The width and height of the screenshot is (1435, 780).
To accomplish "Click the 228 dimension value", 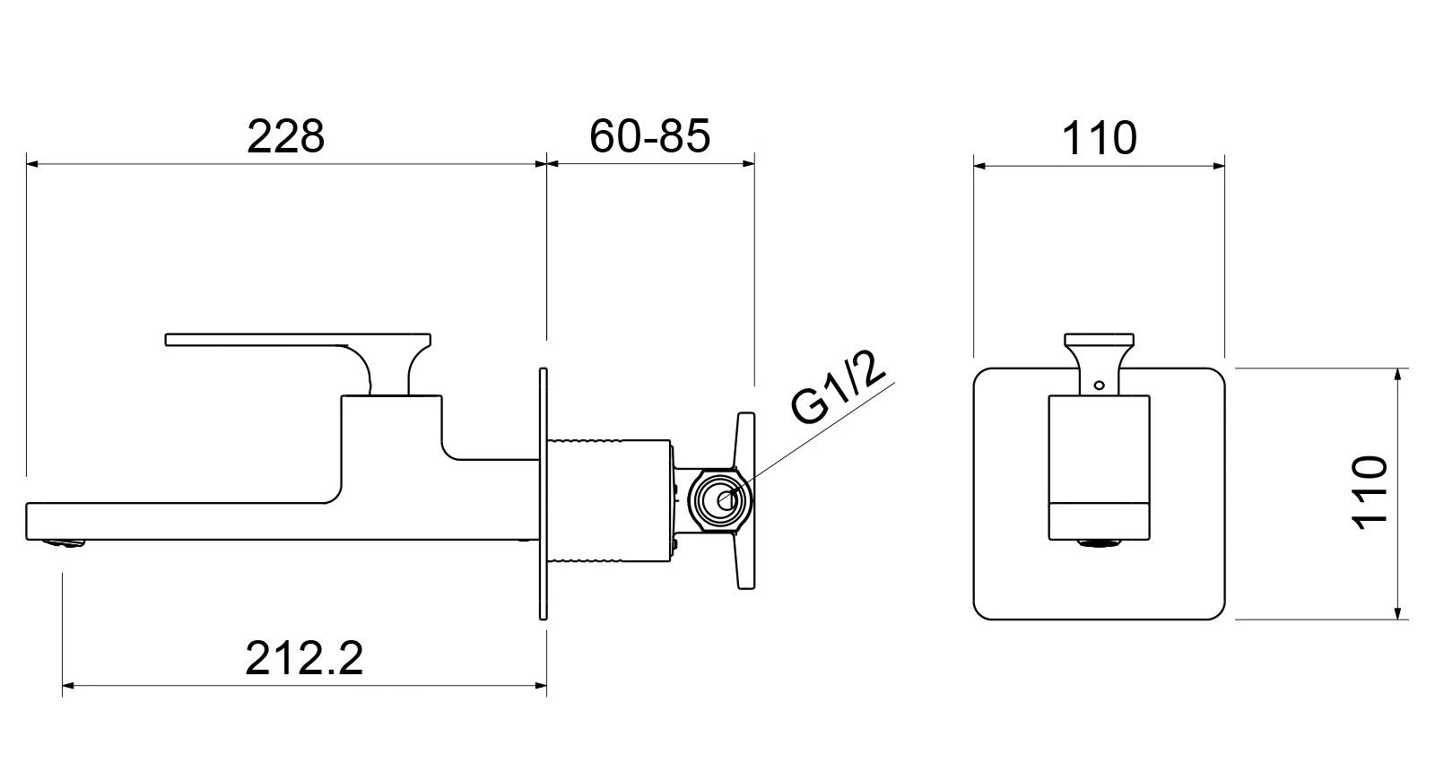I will [x=285, y=136].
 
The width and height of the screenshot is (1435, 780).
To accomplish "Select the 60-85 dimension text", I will [x=650, y=136].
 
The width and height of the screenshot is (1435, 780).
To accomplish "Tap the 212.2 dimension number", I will [x=304, y=659].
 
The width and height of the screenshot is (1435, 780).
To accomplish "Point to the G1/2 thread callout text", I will [x=839, y=386].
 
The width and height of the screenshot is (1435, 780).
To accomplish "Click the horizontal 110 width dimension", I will [x=1099, y=138].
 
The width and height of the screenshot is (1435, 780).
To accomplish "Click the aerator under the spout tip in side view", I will [x=66, y=541].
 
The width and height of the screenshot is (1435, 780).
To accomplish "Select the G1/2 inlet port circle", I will [x=722, y=498].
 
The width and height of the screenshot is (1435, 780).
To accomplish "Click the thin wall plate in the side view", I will [x=543, y=493].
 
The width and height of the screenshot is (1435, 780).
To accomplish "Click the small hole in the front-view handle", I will [x=1099, y=386].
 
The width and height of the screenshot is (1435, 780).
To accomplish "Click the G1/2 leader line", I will [x=816, y=435].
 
